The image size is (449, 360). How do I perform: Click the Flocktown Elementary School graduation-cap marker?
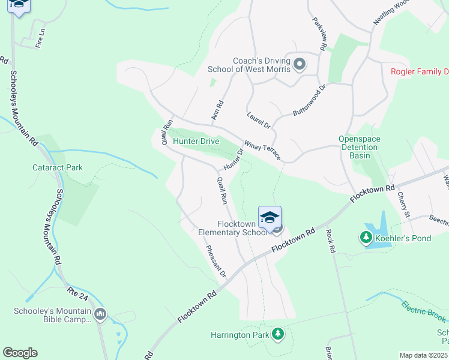270,217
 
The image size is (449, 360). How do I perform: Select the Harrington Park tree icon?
277,334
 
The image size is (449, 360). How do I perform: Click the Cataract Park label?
58,167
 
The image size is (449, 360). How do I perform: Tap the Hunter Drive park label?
196,141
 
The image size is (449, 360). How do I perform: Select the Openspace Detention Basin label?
360,146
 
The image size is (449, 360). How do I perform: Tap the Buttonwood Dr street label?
309,100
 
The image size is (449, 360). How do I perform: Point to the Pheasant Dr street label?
215,261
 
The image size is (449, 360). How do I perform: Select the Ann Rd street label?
217,109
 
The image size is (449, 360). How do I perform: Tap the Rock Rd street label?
330,240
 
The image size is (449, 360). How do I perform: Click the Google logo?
20,353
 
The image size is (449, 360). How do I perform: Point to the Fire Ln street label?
40,40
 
